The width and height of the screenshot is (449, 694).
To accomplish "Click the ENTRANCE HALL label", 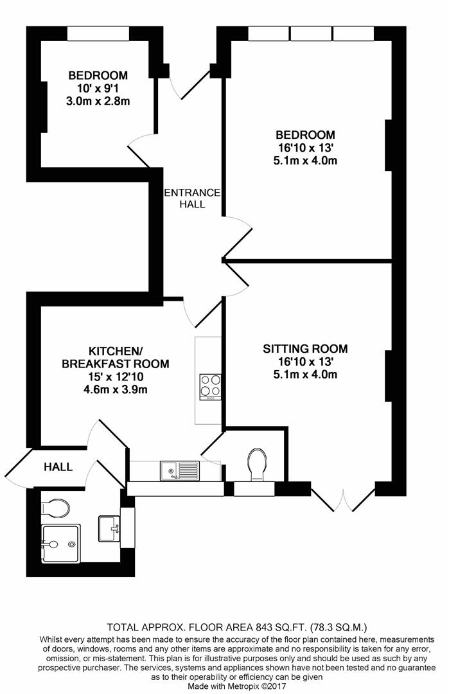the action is coord(192,199).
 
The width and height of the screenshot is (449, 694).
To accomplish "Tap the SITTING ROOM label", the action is coord(305,349).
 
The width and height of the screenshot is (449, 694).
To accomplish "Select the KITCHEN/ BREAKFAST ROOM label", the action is coord(116,358).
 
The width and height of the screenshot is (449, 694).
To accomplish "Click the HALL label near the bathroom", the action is coord(58,467).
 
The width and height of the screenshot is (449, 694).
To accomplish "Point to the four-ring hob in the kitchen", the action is coord(211,387).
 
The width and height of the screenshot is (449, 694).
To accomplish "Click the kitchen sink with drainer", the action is coord(180,471).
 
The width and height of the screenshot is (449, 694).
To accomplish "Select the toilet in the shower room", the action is coord(55,508).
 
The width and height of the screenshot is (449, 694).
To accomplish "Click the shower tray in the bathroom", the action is coord(60,544).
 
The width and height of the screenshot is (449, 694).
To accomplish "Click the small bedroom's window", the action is coord(98,33).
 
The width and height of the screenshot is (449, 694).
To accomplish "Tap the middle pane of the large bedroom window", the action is coord(311,33).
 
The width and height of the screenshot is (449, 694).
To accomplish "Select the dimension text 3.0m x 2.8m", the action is coord(98,102).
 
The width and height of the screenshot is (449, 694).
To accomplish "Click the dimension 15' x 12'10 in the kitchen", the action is coord(116,377).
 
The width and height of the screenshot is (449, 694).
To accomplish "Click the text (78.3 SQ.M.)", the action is coord(339,627).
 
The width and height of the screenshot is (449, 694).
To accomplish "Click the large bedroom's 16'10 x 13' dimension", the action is coord(305,147).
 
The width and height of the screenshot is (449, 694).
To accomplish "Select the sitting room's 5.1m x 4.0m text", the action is coord(305,375).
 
